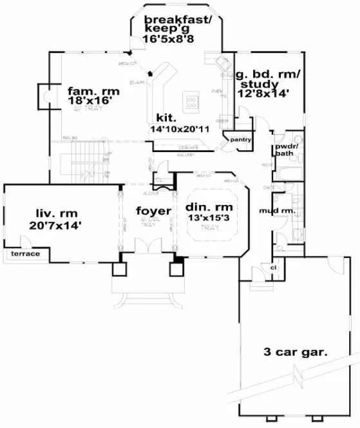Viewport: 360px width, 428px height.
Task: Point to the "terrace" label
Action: click(24, 254)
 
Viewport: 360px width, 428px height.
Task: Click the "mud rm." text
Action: click(277, 211)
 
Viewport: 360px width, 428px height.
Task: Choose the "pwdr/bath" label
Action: click(284, 150)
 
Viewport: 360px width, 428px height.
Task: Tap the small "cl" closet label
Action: click(273, 267)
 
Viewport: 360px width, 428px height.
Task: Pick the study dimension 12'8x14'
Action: click(264, 93)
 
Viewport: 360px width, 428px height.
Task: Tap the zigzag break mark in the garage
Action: click(298, 373)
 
